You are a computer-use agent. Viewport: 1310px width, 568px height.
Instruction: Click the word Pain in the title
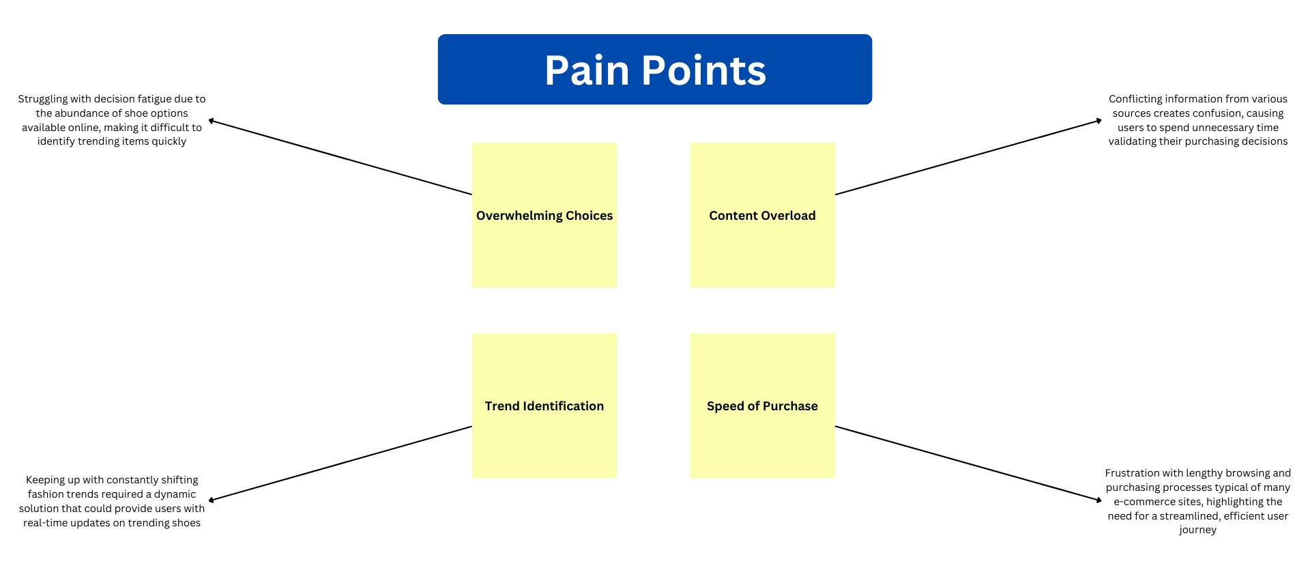pos(587,70)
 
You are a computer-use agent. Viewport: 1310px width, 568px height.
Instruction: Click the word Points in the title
pos(704,70)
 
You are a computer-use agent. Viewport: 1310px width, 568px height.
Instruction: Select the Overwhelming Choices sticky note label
pos(544,216)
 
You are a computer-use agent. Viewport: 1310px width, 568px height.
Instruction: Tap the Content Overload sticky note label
pos(762,216)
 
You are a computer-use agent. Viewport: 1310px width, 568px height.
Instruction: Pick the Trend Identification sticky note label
pos(544,406)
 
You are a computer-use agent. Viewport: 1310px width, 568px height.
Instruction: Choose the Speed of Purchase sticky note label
pos(762,406)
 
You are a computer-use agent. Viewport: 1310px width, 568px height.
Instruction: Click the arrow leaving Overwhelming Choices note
pos(340,157)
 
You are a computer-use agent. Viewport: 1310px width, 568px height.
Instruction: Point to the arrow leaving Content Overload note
pos(969,157)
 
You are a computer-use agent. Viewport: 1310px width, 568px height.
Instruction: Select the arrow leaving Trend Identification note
pos(340,464)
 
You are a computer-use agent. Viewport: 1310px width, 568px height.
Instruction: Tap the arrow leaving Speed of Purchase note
pos(969,464)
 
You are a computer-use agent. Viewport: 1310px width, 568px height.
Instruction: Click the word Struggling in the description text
pos(43,100)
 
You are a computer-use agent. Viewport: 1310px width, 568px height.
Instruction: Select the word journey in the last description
pos(1198,530)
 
